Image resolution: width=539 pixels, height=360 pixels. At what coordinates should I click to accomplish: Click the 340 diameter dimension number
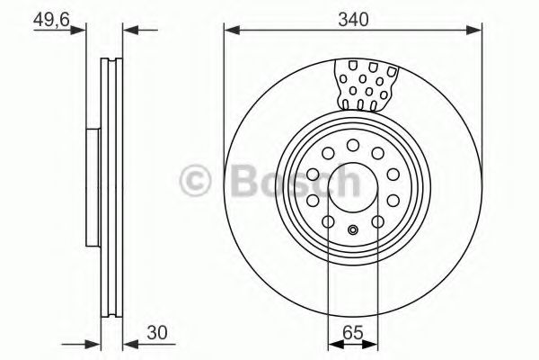click(352, 14)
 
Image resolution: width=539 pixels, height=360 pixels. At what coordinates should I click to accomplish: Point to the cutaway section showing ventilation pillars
click(366, 83)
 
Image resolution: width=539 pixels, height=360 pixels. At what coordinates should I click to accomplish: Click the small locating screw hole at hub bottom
click(352, 230)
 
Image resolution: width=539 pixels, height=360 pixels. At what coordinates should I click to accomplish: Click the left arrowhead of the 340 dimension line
click(229, 30)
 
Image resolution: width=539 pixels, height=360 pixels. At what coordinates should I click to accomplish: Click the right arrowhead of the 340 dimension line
click(477, 30)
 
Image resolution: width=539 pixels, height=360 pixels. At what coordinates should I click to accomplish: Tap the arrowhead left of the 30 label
click(128, 342)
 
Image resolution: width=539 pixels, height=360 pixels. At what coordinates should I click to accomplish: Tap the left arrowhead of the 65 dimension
click(333, 342)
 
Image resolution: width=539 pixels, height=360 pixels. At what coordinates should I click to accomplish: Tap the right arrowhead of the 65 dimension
click(371, 342)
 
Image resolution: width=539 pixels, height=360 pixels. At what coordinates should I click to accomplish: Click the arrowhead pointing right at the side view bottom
click(91, 342)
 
